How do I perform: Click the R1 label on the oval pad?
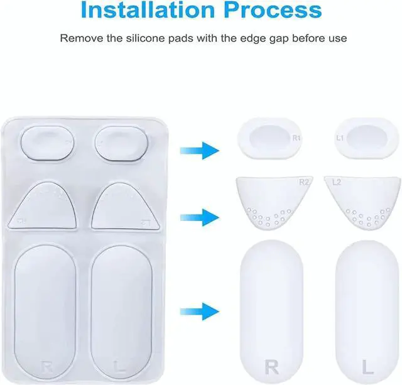click(296, 136)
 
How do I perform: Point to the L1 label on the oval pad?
click(340, 136)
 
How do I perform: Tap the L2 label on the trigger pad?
click(336, 183)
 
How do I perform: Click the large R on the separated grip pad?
click(272, 366)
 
